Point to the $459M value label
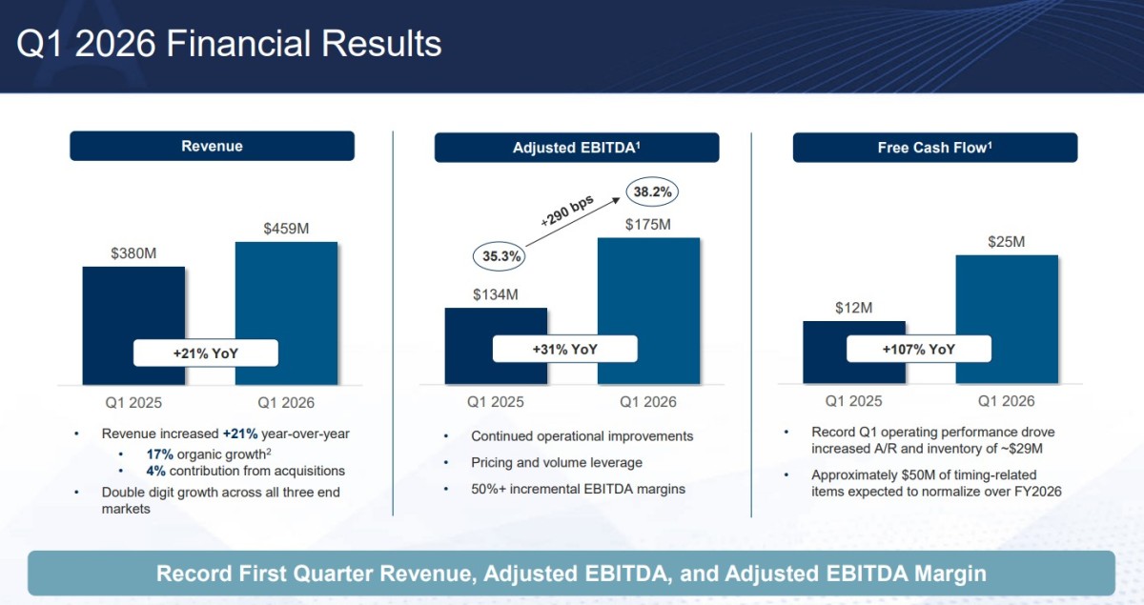click(286, 229)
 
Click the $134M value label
click(496, 294)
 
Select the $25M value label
click(1006, 241)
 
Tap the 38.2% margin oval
click(652, 192)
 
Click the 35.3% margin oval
click(499, 256)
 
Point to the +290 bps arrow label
click(567, 211)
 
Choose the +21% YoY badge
click(206, 353)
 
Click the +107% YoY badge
click(919, 350)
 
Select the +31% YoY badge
click(564, 350)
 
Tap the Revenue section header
click(212, 146)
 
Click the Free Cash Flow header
click(935, 148)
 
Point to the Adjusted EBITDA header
click(577, 148)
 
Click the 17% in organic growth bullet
click(160, 454)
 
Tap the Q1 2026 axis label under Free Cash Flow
click(1006, 401)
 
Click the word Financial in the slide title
click(239, 44)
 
